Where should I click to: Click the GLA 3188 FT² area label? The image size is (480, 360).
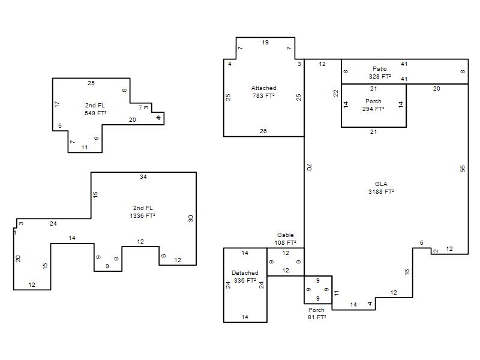381,188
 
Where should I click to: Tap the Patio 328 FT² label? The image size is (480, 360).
380,73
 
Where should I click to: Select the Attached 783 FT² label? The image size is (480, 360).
263,92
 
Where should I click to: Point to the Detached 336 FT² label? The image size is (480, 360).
245,277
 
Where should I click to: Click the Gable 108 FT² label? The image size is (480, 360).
286,239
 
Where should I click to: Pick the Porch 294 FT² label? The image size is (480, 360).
373,105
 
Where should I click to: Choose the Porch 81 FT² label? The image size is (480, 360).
317,313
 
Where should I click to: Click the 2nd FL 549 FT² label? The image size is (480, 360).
95,109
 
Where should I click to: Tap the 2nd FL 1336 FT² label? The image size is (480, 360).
143,212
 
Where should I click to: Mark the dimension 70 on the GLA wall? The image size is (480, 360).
309,167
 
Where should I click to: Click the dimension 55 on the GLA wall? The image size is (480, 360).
463,169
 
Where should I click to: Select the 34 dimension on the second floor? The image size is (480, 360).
143,176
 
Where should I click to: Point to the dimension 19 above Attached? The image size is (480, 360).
265,42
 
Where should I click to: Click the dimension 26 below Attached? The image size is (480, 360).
263,131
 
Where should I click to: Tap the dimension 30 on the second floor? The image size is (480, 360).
191,218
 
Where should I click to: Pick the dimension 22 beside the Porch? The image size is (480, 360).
336,93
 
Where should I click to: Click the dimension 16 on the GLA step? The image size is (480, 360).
407,272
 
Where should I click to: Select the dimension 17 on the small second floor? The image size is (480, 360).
57,104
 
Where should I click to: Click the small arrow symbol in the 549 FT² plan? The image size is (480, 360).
158,118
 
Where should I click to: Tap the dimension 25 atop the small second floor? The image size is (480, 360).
91,83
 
